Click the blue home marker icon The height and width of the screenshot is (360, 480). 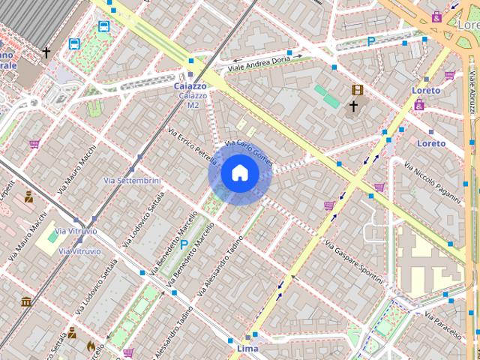point(239,173)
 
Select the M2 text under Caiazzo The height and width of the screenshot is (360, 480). point(193,105)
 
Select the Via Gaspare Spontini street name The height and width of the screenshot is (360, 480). point(355,257)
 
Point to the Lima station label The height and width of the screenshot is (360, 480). point(247,349)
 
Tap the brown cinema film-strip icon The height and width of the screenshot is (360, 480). point(357,90)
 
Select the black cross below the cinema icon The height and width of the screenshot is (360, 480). point(352,106)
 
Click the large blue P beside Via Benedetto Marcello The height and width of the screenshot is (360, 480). point(184,244)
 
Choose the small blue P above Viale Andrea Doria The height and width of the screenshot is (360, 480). point(370,43)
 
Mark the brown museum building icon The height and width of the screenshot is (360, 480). point(26,301)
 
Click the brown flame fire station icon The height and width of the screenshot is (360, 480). point(91,346)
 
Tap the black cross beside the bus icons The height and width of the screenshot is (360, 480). point(46,52)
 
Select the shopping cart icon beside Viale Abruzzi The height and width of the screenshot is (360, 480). point(449,75)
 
